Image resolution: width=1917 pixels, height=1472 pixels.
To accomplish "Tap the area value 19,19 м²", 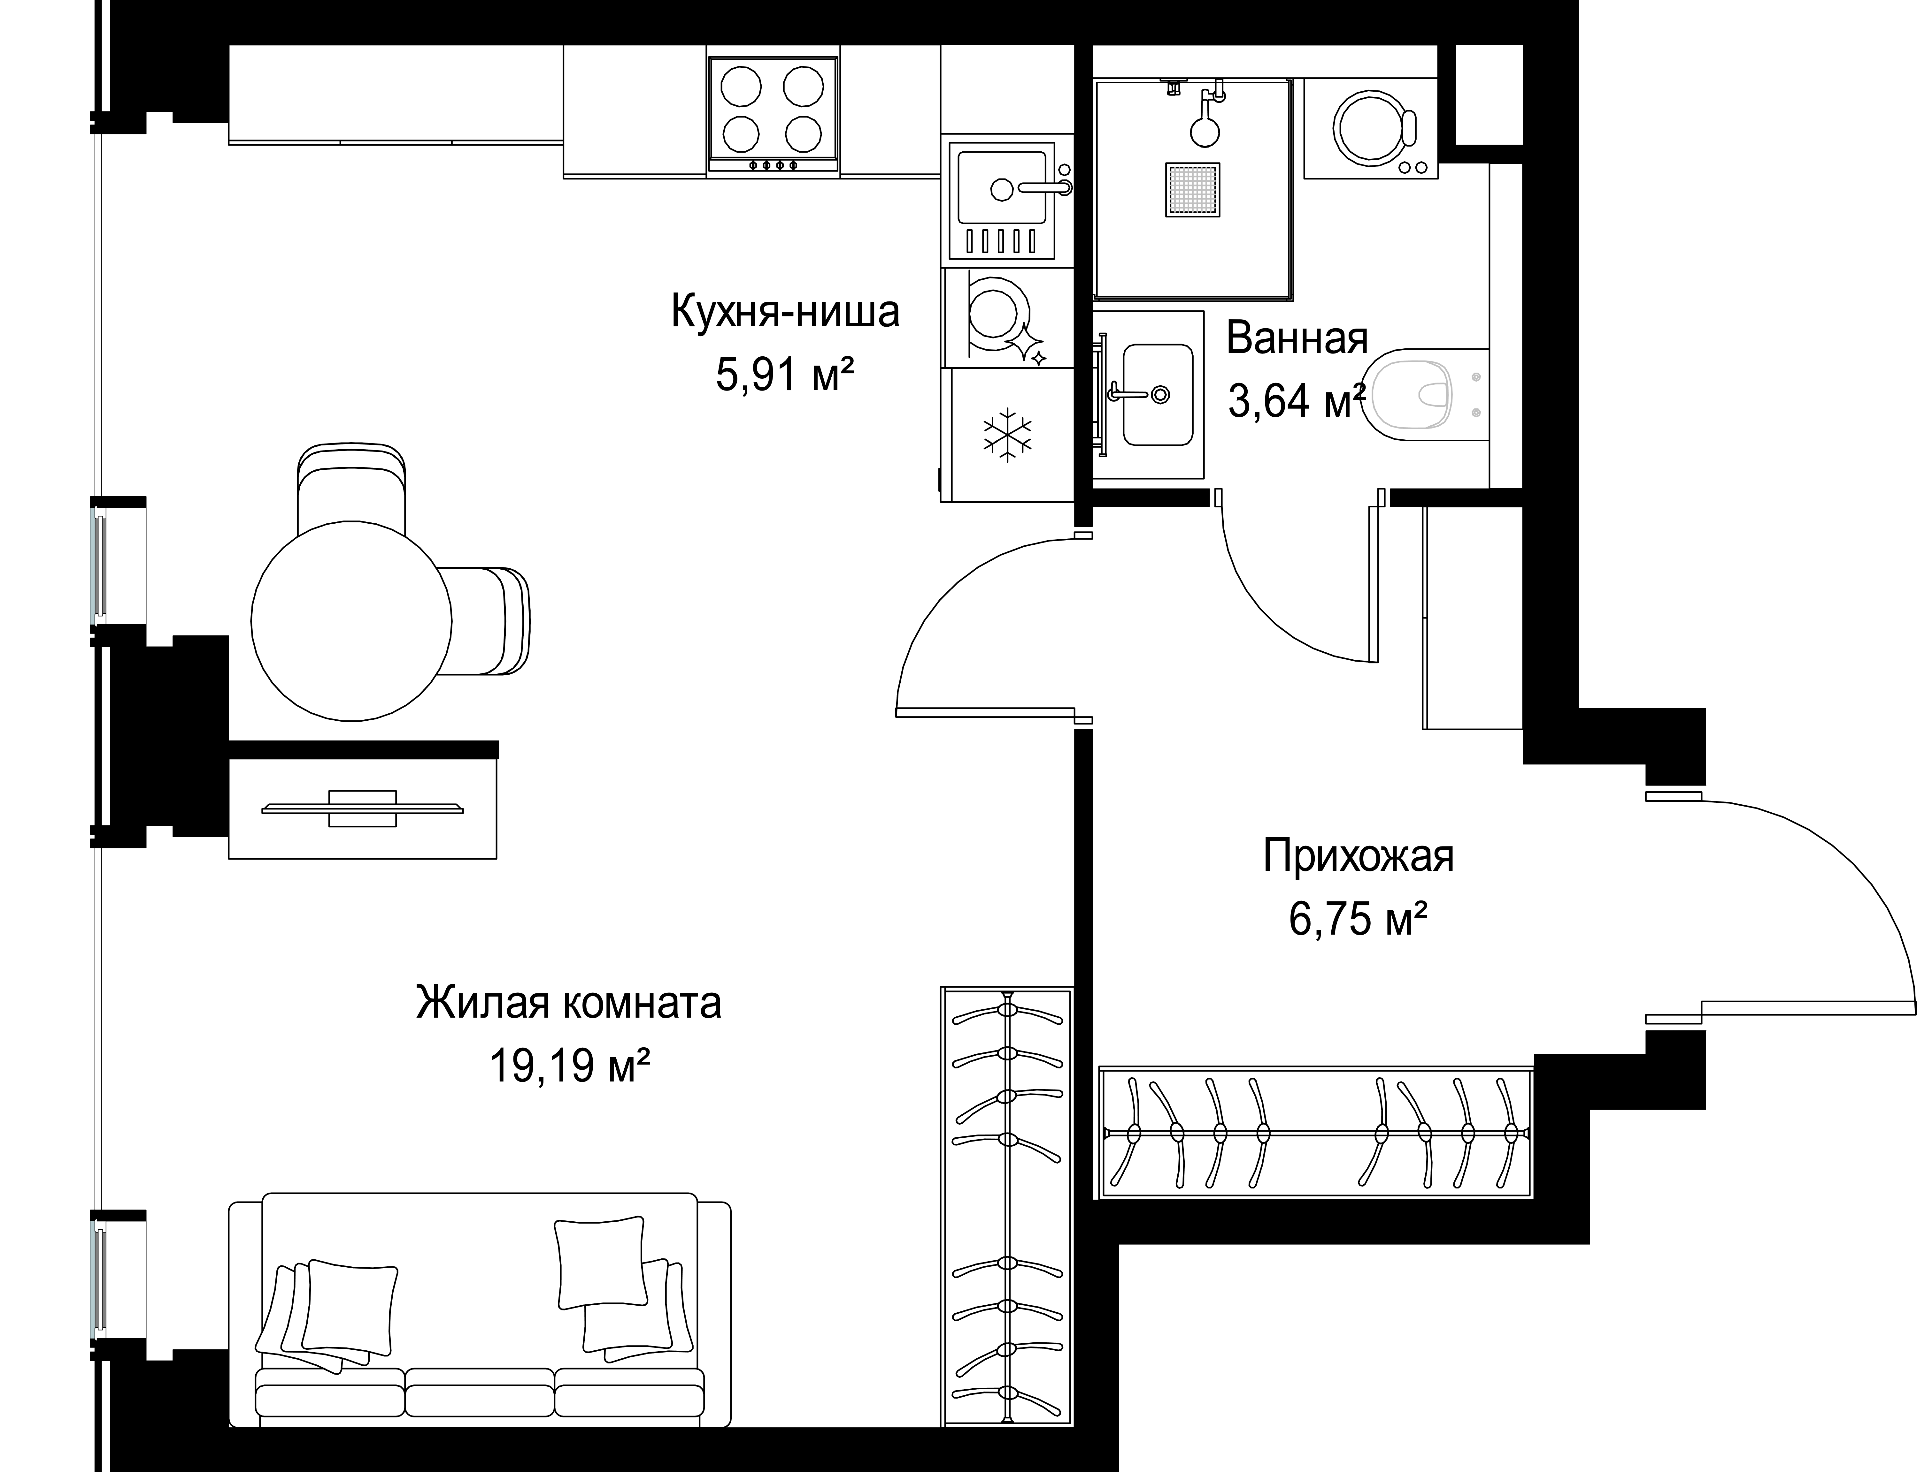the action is pos(569,1066).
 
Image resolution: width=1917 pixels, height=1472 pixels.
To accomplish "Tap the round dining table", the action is pos(351,620).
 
